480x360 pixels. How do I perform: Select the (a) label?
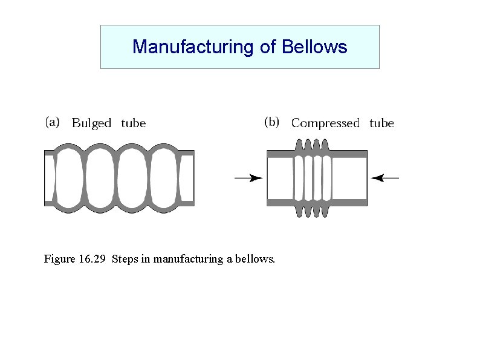coord(53,122)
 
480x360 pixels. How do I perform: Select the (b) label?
coord(272,122)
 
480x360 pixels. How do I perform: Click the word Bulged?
coord(92,123)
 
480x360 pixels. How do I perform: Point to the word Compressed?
coord(325,123)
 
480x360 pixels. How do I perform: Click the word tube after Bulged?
coord(134,123)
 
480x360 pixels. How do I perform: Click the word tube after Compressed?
coord(381,123)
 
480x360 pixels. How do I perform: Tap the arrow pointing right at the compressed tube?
coord(248,178)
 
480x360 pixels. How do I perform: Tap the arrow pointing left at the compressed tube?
coord(385,178)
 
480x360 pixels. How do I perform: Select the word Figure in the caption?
coord(60,260)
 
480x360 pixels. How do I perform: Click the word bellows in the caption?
coord(256,260)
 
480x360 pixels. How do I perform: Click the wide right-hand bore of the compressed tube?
coord(349,178)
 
